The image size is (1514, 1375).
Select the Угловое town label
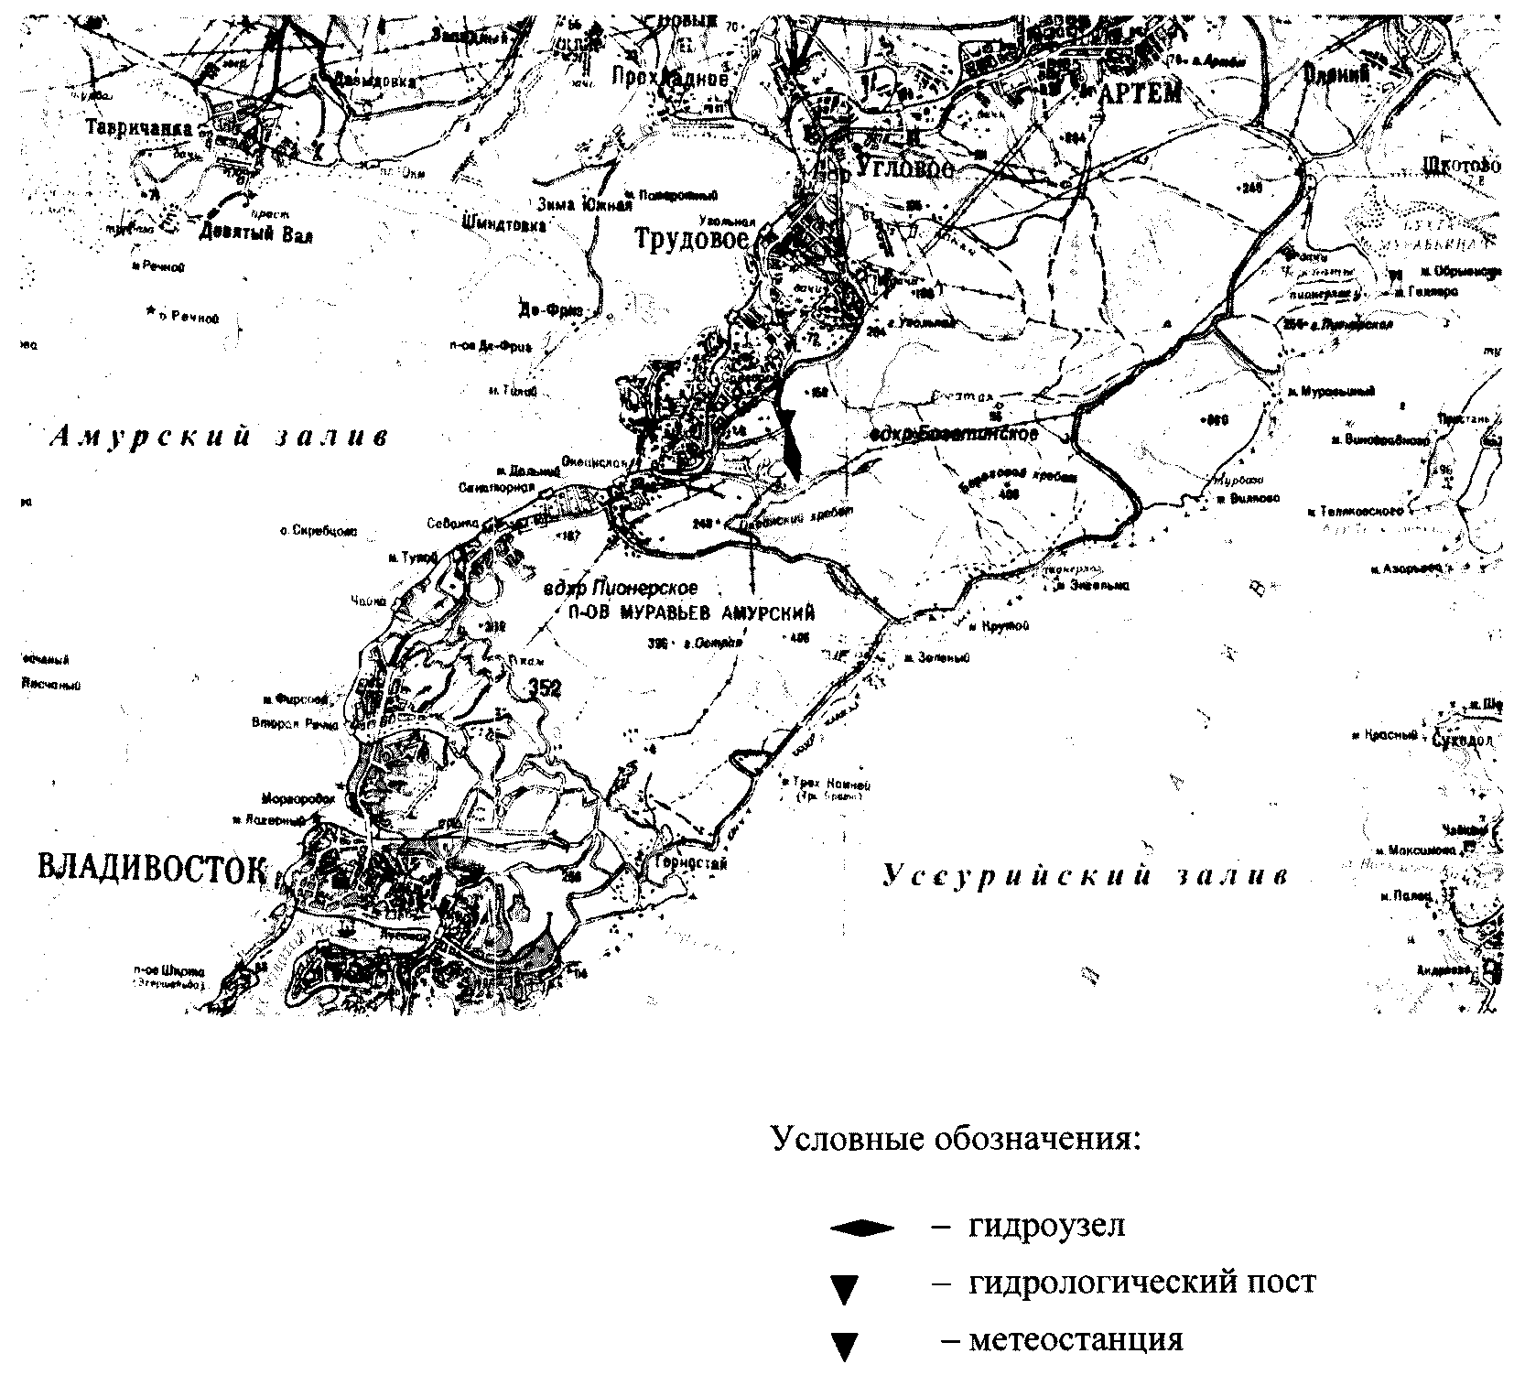click(903, 168)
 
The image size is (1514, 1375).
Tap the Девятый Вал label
click(255, 234)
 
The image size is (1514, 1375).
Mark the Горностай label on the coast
click(689, 861)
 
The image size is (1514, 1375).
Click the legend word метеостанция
click(1076, 1340)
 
